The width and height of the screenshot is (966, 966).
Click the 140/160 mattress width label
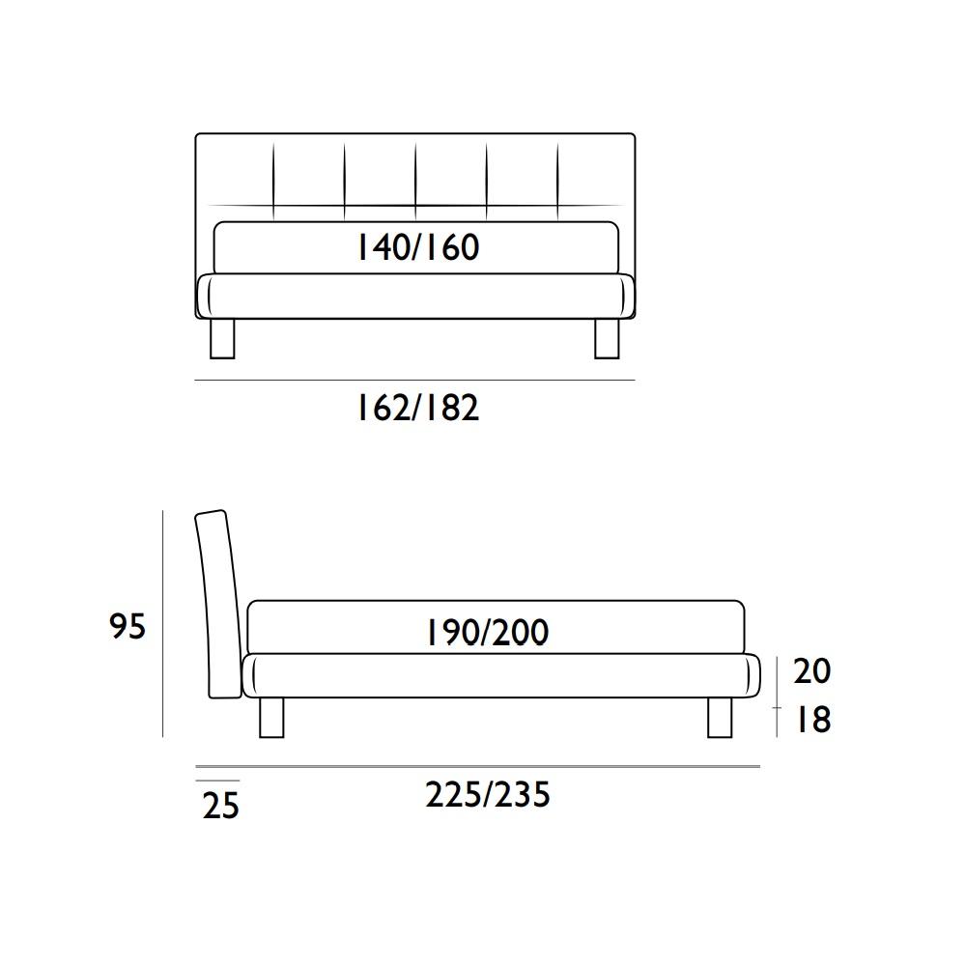point(418,247)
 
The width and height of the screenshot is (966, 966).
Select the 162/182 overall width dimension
point(418,409)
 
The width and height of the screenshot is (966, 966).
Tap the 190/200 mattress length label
point(487,633)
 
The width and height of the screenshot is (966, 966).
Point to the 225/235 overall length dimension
point(487,795)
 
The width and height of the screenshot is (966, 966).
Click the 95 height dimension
point(128,627)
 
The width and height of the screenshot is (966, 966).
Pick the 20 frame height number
point(812,671)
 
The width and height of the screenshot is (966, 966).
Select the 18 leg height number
point(813,720)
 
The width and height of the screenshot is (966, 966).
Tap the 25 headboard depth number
point(220,806)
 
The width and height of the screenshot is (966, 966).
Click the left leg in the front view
point(222,338)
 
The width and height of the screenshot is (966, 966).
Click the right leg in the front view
point(607,338)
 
